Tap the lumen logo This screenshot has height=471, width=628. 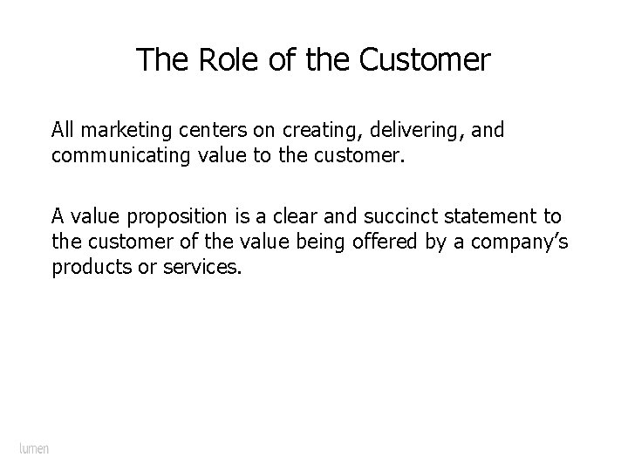pyautogui.click(x=34, y=448)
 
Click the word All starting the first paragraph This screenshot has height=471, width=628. pyautogui.click(x=64, y=131)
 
